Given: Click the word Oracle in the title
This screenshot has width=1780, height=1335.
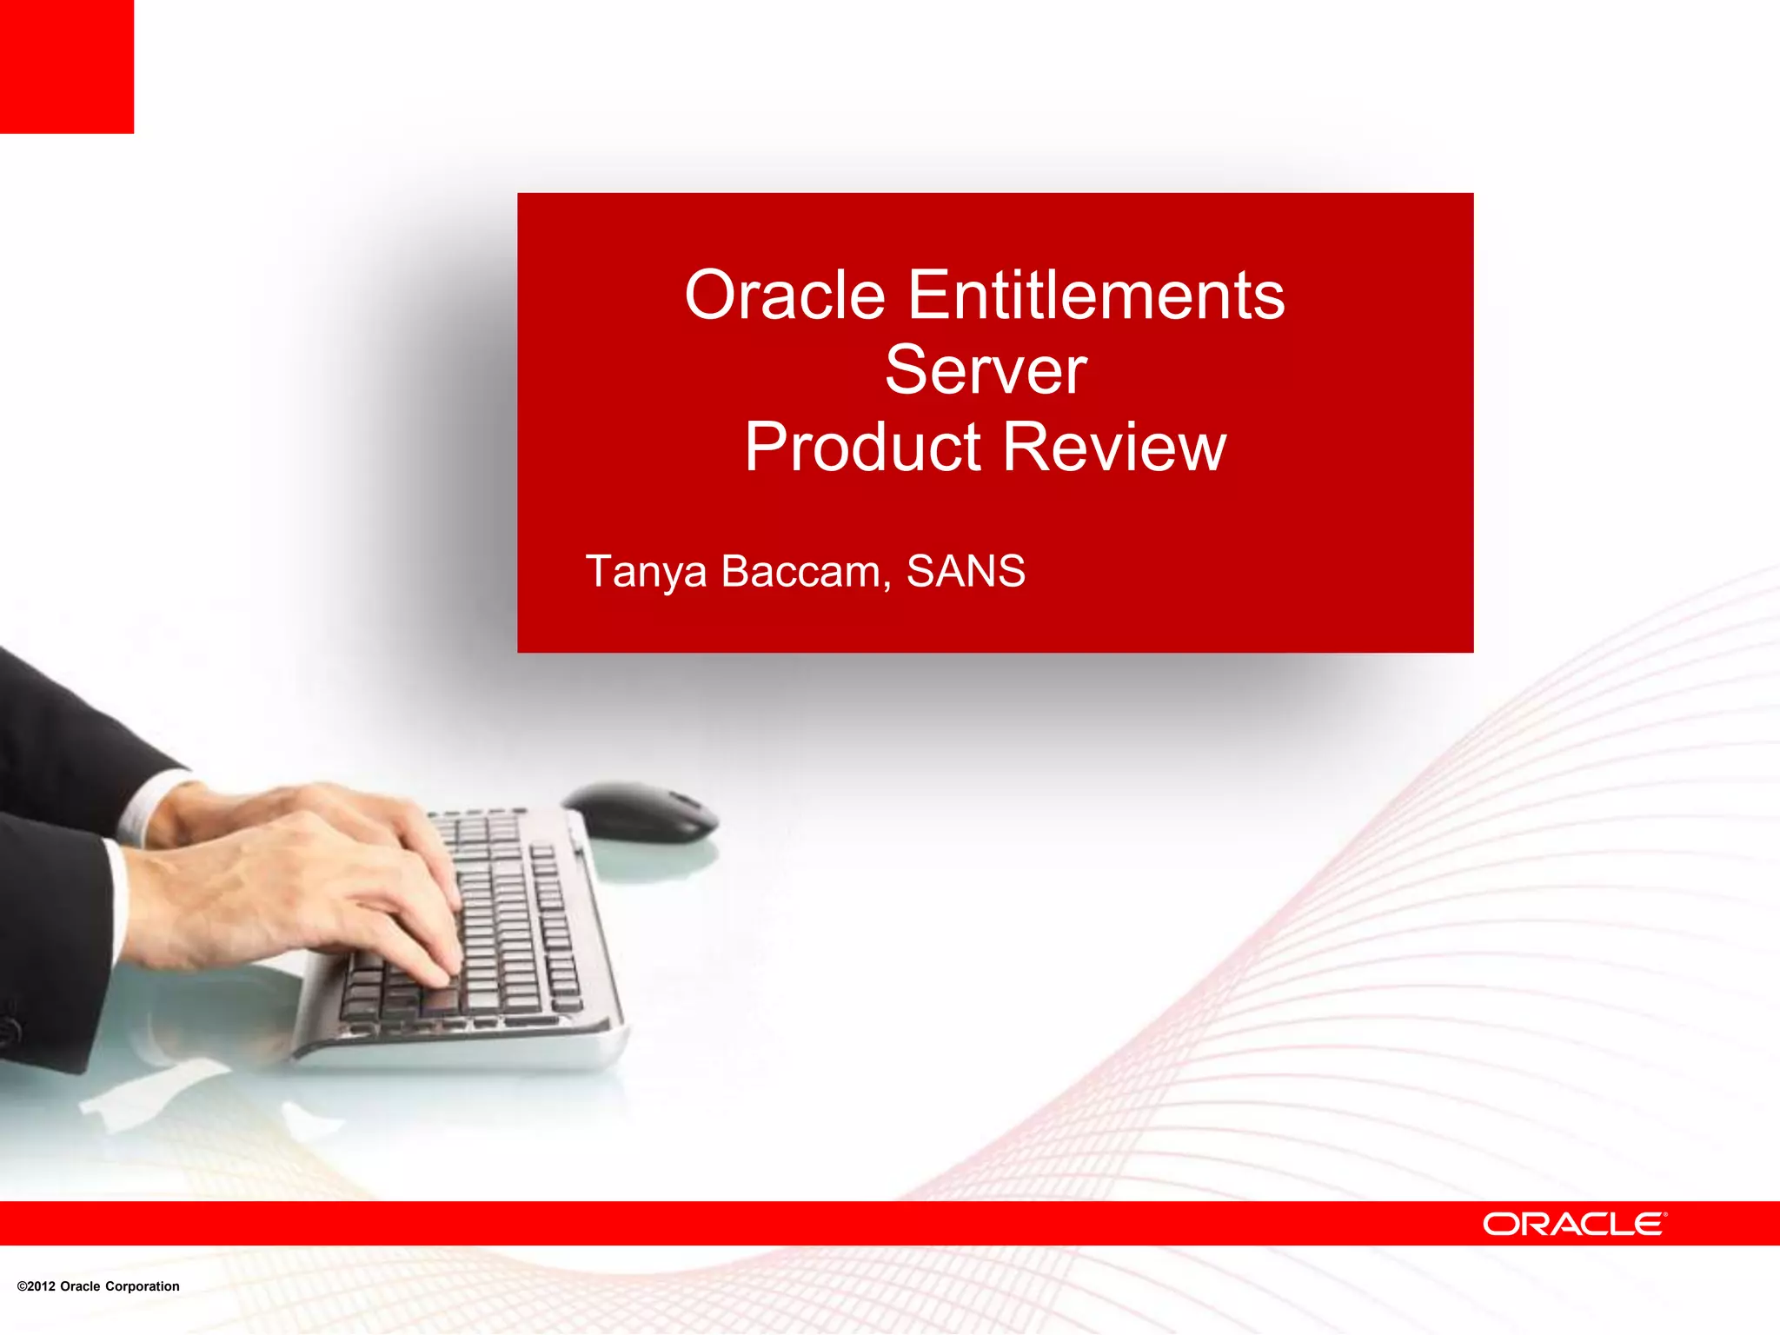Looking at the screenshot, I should point(784,296).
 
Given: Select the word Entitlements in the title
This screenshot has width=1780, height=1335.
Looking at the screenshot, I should point(1096,296).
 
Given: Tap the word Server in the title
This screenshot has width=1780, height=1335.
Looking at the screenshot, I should point(986,371).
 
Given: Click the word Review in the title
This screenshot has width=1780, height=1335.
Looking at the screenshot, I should point(1115,447).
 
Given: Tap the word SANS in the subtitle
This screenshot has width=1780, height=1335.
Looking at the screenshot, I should point(966,571).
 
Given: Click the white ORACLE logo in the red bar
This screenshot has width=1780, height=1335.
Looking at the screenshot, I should point(1574,1224).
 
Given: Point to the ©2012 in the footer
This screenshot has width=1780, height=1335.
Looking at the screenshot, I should point(36,1286).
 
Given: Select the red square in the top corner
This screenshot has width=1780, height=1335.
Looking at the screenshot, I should point(67,66).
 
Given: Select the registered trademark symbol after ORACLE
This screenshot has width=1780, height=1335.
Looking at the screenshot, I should point(1665,1214).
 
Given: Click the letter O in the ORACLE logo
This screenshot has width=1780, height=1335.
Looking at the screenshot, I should point(1501,1225).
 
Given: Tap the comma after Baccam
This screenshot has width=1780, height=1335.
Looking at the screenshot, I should point(887,586).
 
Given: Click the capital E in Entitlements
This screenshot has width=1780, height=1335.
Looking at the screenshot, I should point(927,296).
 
